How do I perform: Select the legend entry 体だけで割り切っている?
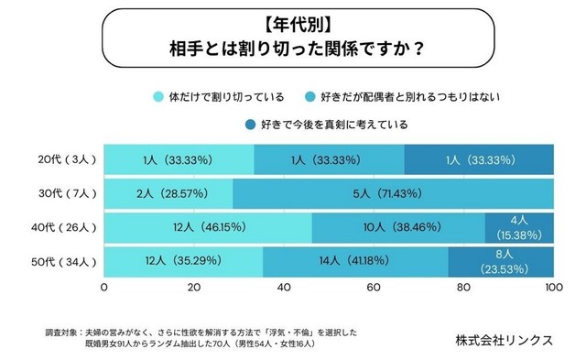click(x=220, y=95)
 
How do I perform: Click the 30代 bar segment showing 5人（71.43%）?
click(x=394, y=193)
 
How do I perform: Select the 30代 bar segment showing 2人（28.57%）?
click(x=168, y=193)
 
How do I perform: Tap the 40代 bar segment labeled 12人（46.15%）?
click(x=208, y=228)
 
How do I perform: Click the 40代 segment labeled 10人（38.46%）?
click(x=398, y=228)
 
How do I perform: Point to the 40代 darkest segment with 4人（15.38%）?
click(x=518, y=228)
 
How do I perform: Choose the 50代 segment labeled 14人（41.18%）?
click(x=355, y=263)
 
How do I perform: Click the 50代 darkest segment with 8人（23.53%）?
click(x=500, y=263)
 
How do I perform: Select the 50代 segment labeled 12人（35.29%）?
click(x=183, y=263)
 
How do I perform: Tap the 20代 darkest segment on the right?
click(x=478, y=158)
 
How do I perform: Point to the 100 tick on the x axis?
click(x=552, y=288)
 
